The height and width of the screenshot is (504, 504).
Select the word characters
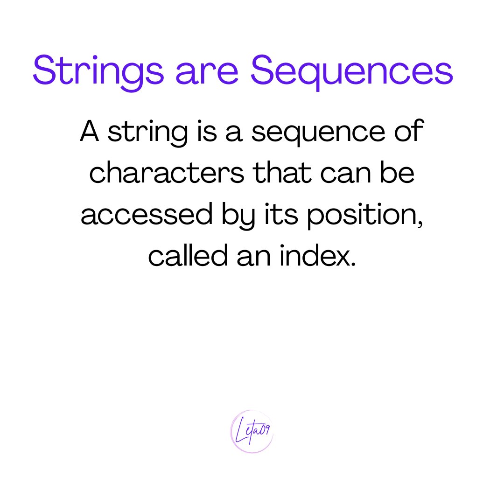pyautogui.click(x=166, y=174)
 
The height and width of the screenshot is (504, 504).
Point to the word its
pyautogui.click(x=282, y=215)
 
